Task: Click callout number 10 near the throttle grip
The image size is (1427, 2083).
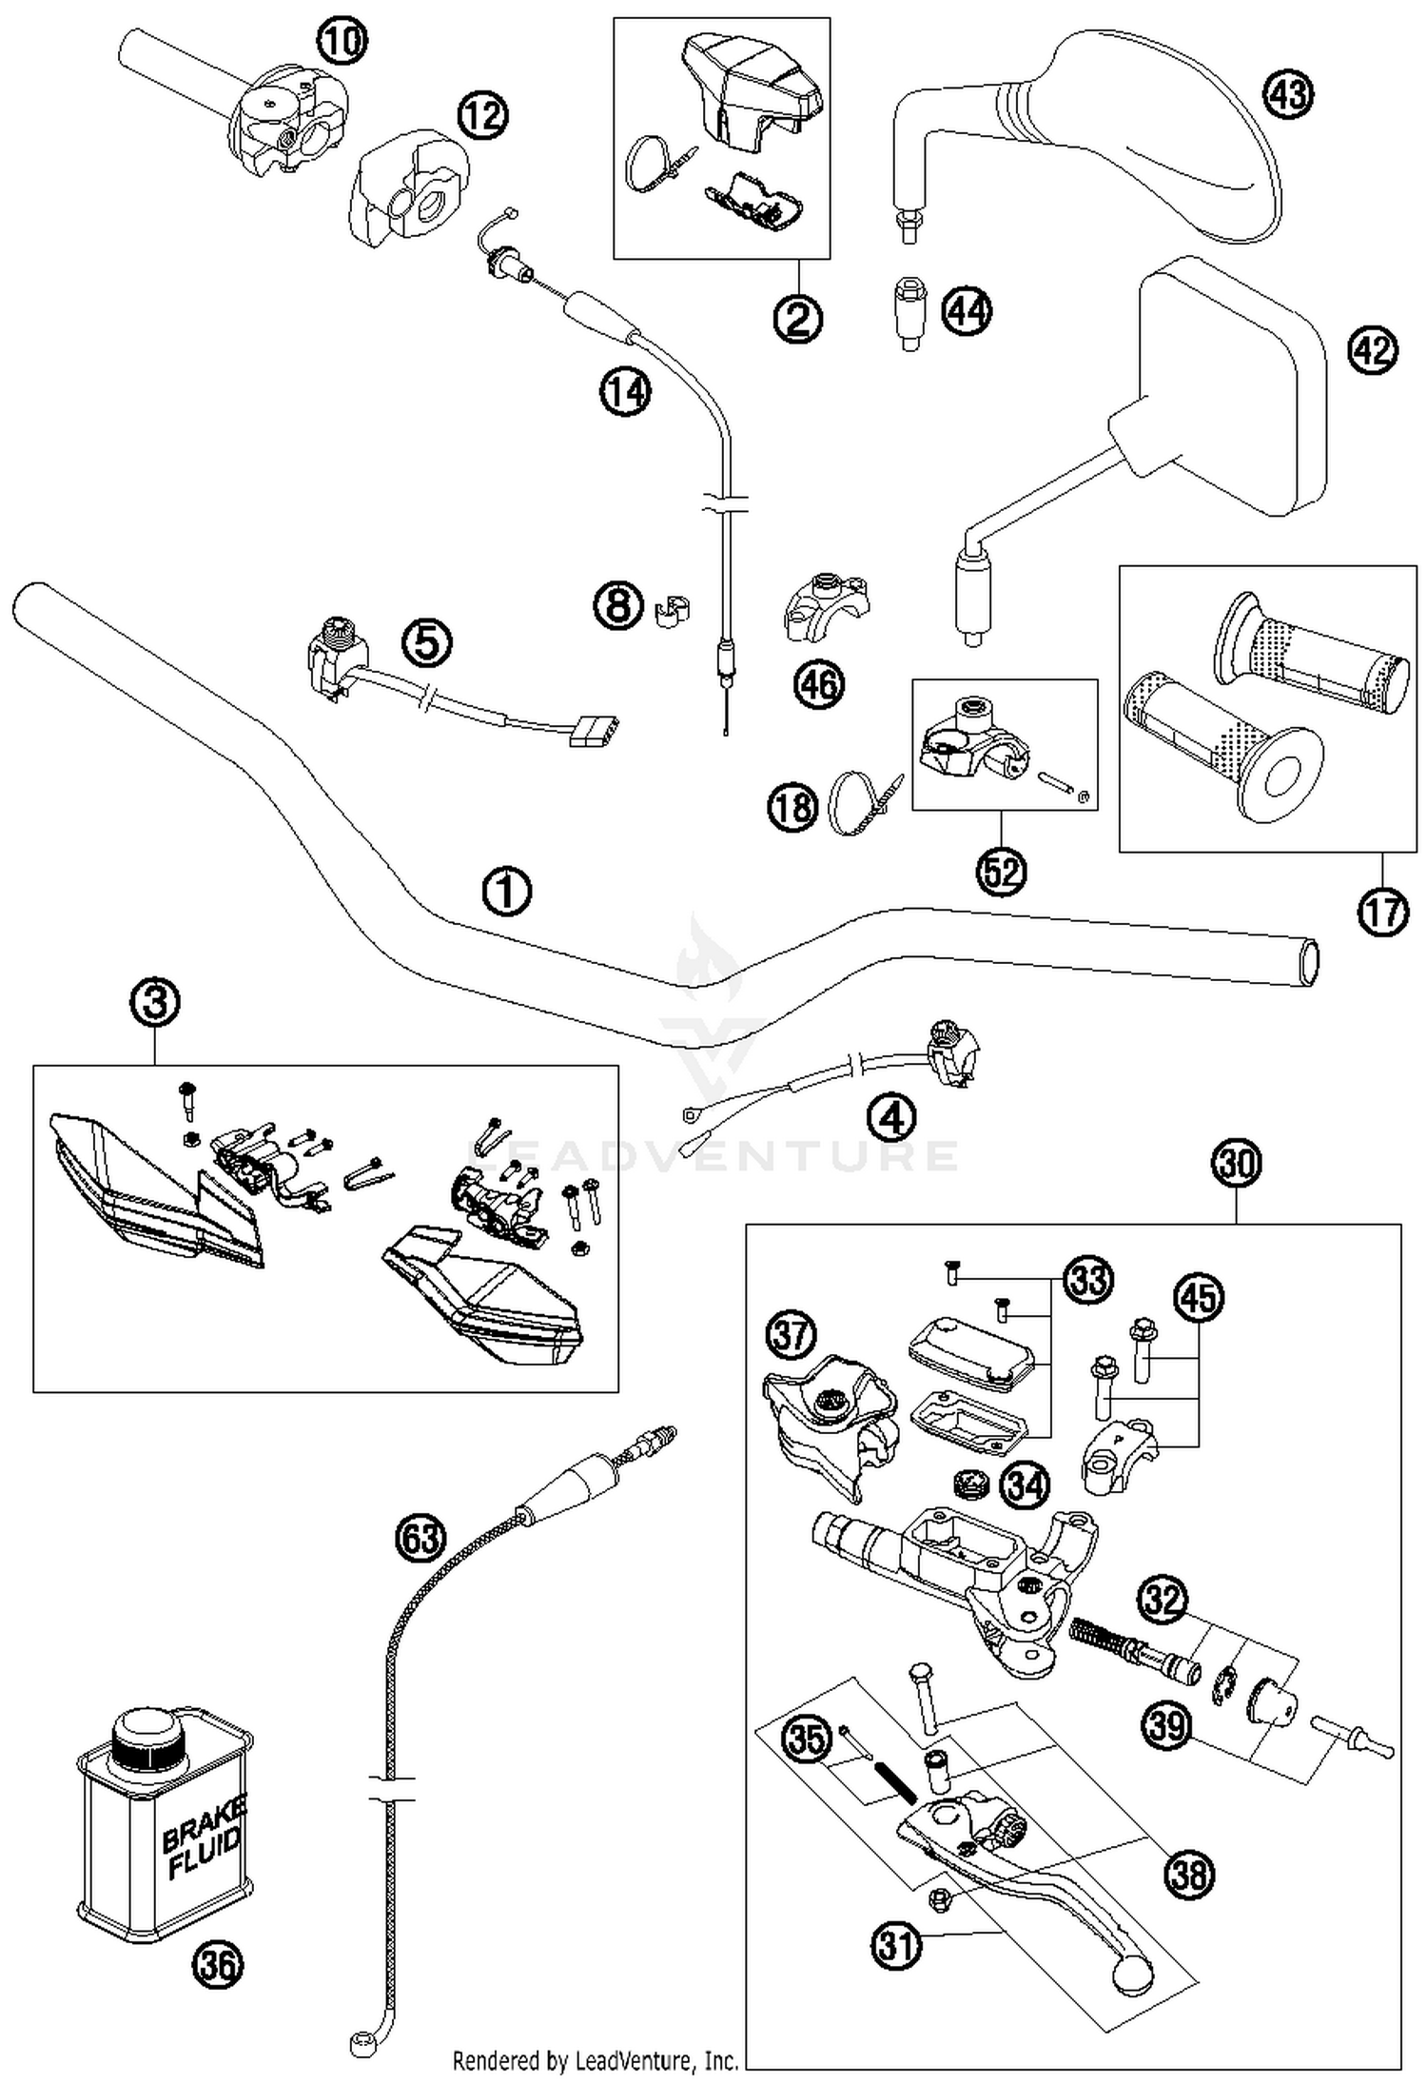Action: tap(342, 41)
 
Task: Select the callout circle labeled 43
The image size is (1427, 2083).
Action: tap(1288, 95)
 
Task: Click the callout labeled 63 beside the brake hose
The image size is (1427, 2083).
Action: tap(420, 1539)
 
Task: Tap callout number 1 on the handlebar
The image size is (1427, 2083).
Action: tap(506, 892)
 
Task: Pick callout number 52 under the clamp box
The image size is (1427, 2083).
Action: tap(1001, 871)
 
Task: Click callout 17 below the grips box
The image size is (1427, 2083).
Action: tap(1382, 912)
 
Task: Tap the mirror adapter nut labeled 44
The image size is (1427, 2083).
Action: tap(911, 312)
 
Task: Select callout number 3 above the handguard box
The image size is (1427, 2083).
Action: tap(156, 1002)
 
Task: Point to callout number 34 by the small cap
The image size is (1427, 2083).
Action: tap(1026, 1485)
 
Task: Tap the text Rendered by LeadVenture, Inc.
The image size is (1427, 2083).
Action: tap(596, 2060)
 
